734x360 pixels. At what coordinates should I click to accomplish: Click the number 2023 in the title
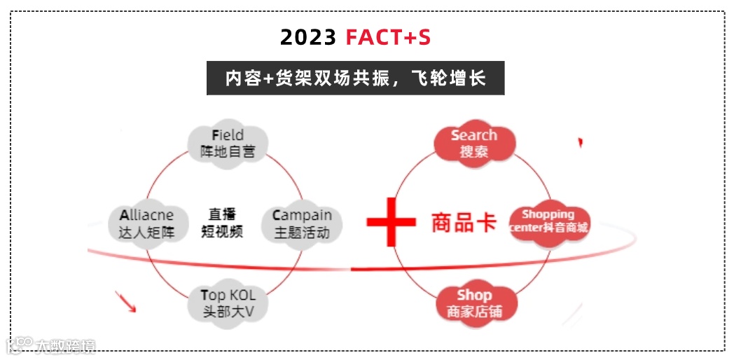coord(308,37)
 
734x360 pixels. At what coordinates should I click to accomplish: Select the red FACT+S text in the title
coord(388,37)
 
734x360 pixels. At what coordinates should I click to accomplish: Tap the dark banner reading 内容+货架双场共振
coord(355,77)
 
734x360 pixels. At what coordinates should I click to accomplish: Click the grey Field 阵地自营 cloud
coord(228,143)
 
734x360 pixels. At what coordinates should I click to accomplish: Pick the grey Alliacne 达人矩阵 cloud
coord(146,223)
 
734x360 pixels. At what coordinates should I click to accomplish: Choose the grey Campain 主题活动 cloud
coord(301,223)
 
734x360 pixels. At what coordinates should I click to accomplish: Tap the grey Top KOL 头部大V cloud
coord(228,303)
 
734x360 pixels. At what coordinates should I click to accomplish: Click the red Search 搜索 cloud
coord(474,142)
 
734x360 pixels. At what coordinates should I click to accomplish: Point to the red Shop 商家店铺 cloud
coord(474,303)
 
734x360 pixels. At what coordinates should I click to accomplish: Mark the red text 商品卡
coord(464,223)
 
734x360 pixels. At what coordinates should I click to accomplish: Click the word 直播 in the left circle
coord(221,214)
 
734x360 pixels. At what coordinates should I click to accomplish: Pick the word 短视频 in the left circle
coord(222,232)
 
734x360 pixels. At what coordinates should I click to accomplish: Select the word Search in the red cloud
coord(474,134)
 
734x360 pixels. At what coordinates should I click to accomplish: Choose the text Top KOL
coord(228,295)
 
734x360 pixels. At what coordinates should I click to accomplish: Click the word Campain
coord(302,215)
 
